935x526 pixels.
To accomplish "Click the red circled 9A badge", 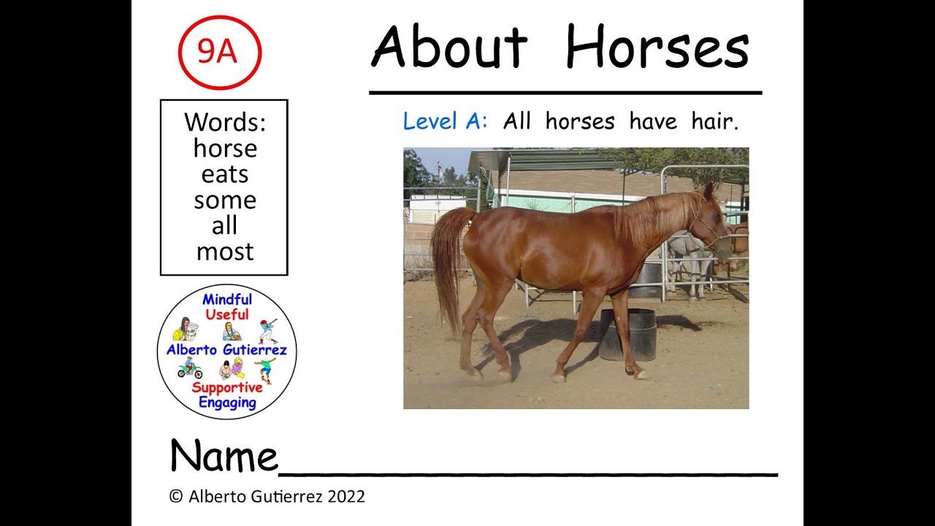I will coord(219,53).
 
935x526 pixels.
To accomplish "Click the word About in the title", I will coord(449,48).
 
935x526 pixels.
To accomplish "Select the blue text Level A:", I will coord(445,121).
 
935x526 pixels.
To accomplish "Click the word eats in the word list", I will coord(225,175).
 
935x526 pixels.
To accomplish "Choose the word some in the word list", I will coord(225,200).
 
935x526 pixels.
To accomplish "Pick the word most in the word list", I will coord(225,252).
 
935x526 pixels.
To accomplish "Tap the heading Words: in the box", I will coord(225,122).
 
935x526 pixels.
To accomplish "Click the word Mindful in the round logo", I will coord(227,300).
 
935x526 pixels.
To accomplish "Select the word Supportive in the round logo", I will coord(227,387).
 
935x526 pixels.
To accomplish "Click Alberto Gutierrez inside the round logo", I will coord(226,350).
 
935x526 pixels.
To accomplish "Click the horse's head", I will coord(712,226).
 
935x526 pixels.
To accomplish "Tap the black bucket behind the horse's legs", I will coord(627,334).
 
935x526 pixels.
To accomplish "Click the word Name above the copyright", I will coord(224,457).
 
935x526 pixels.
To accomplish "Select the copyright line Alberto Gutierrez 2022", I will coord(267,497).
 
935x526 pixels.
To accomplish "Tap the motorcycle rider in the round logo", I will coord(189,368).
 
